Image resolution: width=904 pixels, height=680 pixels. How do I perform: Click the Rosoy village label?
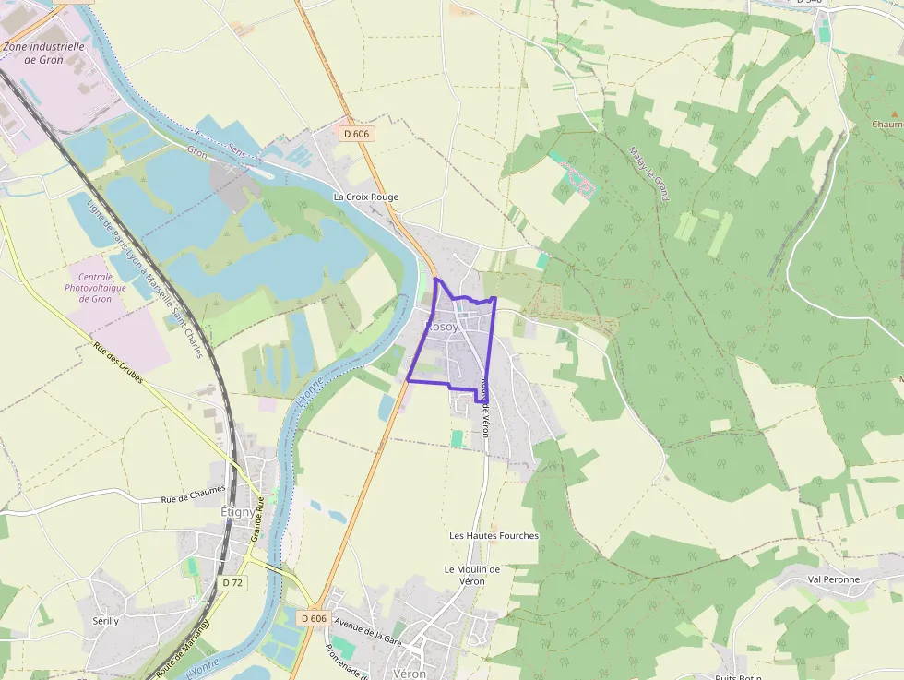(442, 327)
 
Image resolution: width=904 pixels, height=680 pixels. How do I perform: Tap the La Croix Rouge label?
(366, 197)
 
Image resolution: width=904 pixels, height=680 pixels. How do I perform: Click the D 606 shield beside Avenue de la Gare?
(314, 618)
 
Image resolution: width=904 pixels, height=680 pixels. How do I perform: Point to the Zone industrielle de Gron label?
(43, 53)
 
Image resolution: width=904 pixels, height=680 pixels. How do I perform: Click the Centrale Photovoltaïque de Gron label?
(95, 288)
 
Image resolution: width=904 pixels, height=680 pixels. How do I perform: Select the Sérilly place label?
(106, 621)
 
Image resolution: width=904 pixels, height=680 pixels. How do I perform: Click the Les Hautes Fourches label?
(494, 535)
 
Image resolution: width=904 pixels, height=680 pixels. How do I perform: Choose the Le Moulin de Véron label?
(472, 575)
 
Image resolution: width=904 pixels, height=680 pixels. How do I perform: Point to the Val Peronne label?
(833, 579)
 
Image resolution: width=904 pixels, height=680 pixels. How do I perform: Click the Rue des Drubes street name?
(118, 364)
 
